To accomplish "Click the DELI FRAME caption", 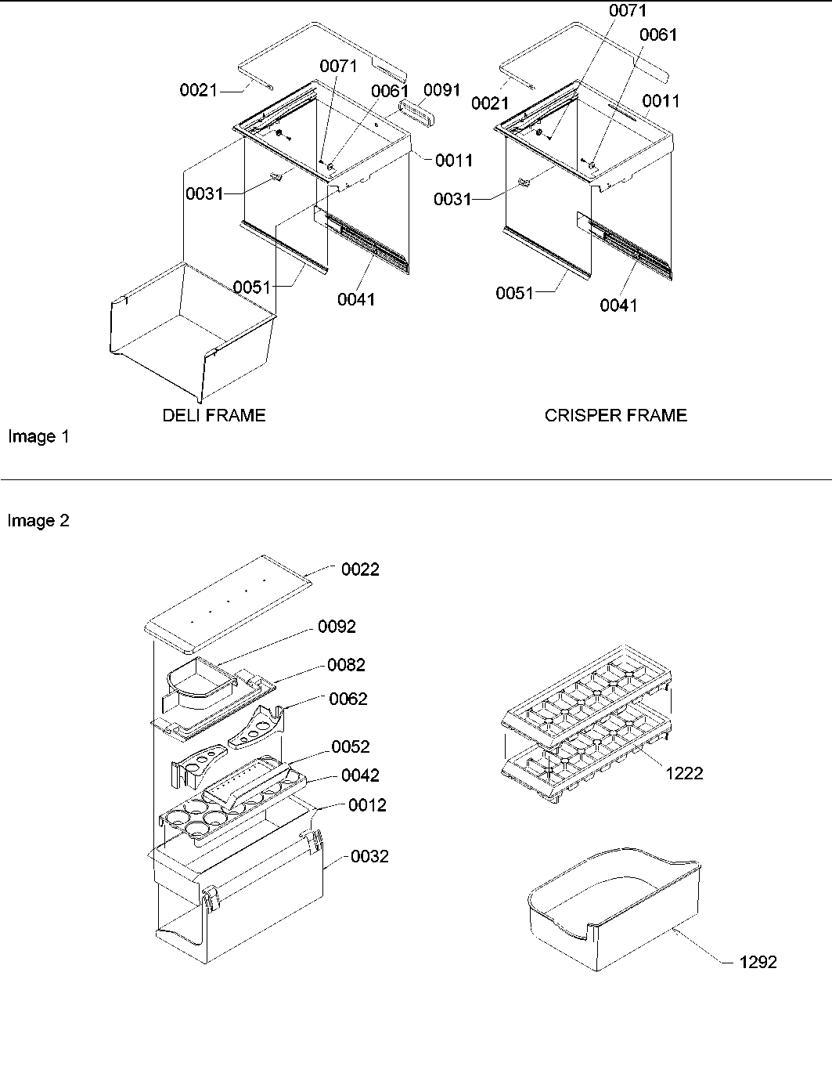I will (x=214, y=415).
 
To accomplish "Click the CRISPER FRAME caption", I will (x=615, y=415).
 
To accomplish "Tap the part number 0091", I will (x=442, y=90).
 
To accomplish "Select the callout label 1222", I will (x=684, y=773).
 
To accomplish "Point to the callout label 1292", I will (x=758, y=962).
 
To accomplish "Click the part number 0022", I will (x=360, y=569).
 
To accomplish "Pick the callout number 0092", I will (x=337, y=627).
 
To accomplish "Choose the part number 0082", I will (x=346, y=665).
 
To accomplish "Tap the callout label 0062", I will (x=348, y=699).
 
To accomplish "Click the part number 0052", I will (x=350, y=746).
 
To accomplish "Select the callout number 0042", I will (x=360, y=775).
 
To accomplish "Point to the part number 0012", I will (x=367, y=805).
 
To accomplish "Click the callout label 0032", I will (x=369, y=856).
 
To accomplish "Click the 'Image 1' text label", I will (x=38, y=437).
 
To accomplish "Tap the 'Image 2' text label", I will (x=38, y=521).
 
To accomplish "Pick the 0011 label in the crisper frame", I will (x=661, y=101).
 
